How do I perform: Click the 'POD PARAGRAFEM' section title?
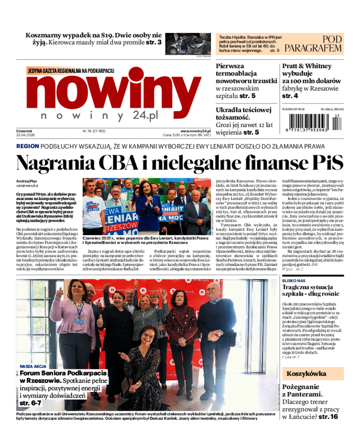tap(319, 44)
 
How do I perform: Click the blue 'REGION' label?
tap(27, 146)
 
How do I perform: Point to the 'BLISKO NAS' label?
tap(294, 280)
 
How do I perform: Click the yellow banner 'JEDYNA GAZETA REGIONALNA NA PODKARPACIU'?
tap(71, 71)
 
